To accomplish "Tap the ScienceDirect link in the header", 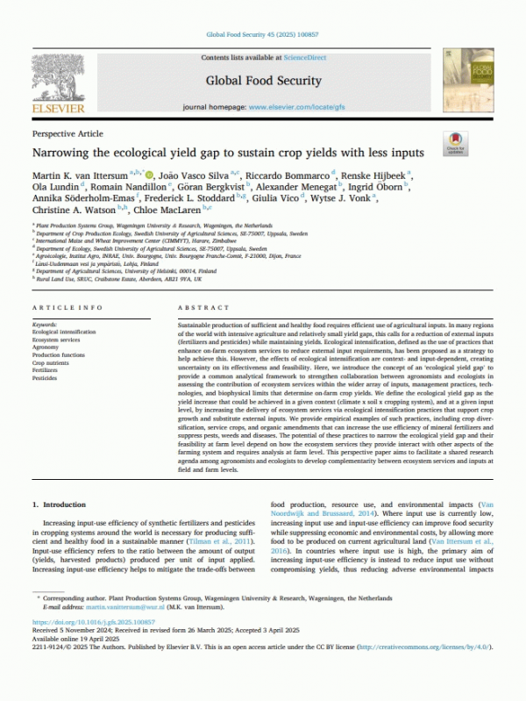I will pyautogui.click(x=306, y=57).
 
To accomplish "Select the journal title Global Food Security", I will pyautogui.click(x=263, y=80).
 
